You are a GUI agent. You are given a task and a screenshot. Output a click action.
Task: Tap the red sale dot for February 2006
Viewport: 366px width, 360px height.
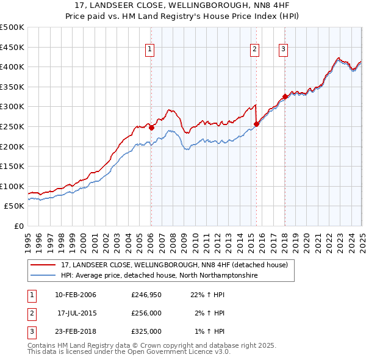[152, 128]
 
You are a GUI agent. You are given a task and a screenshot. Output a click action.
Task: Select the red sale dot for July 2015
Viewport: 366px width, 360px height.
[256, 124]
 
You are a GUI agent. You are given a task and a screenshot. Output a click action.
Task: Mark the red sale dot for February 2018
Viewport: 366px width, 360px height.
[285, 96]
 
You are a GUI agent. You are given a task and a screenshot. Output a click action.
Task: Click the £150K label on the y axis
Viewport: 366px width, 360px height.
[12, 166]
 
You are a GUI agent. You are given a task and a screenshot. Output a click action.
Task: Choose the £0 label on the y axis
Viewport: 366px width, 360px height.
[20, 226]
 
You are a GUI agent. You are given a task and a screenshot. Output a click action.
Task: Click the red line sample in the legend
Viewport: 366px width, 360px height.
[43, 265]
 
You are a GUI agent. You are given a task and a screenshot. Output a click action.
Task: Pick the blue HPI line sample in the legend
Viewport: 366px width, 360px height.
[43, 276]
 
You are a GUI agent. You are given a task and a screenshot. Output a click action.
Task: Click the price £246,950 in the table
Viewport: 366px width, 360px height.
[146, 295]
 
